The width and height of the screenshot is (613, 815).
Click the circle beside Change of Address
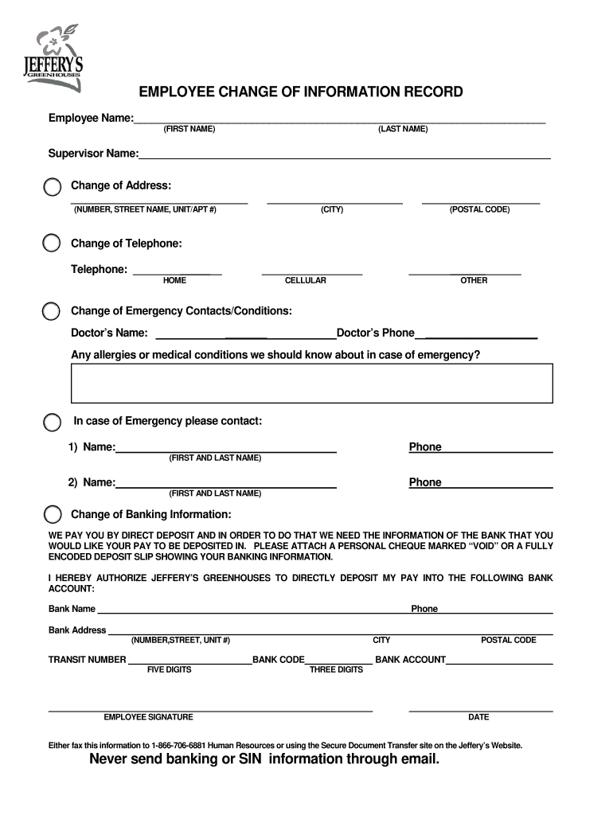pyautogui.click(x=52, y=187)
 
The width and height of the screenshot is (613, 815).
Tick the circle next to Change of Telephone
pyautogui.click(x=52, y=243)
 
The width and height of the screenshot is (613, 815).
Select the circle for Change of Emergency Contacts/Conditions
pyautogui.click(x=52, y=310)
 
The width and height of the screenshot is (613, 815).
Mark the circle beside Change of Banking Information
pyautogui.click(x=52, y=514)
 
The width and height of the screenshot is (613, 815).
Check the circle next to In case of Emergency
pyautogui.click(x=52, y=422)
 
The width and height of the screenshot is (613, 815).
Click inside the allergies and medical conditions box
pyautogui.click(x=311, y=384)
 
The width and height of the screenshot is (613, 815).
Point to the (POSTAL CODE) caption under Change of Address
pyautogui.click(x=479, y=209)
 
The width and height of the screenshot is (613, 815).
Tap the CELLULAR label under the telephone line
pyautogui.click(x=305, y=281)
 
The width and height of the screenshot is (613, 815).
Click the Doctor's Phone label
pyautogui.click(x=376, y=333)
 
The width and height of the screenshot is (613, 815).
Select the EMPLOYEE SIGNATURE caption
pyautogui.click(x=148, y=717)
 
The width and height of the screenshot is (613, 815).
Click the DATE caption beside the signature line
pyautogui.click(x=478, y=717)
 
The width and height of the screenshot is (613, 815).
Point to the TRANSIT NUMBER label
pyautogui.click(x=87, y=660)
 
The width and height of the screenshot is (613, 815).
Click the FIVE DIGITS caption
pyautogui.click(x=169, y=670)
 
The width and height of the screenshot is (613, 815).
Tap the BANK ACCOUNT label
pyautogui.click(x=410, y=660)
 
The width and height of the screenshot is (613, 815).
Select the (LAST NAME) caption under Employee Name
pyautogui.click(x=403, y=129)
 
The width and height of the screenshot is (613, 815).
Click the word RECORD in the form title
pyautogui.click(x=433, y=92)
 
